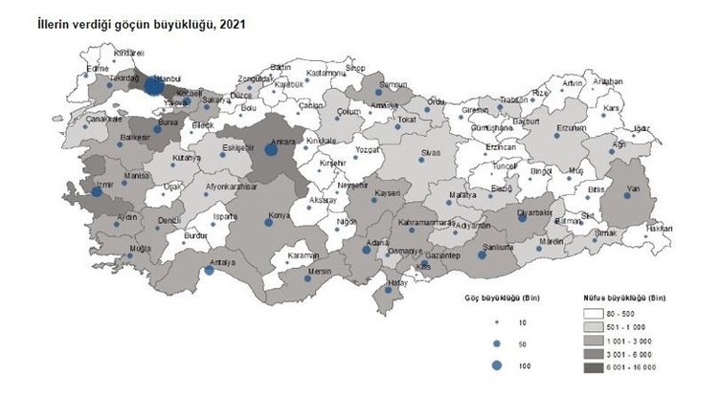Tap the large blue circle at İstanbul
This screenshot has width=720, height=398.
coord(153,87)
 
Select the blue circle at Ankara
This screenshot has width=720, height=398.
coord(271,149)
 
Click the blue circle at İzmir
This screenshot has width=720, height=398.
coord(97,191)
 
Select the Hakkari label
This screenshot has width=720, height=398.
coord(660,229)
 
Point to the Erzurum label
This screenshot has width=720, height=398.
coord(572,127)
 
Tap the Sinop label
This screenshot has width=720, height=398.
coord(356,68)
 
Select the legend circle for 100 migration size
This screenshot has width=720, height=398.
coord(496,365)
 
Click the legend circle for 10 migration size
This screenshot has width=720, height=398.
coord(496,321)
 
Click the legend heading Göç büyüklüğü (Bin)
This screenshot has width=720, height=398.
coord(502,298)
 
